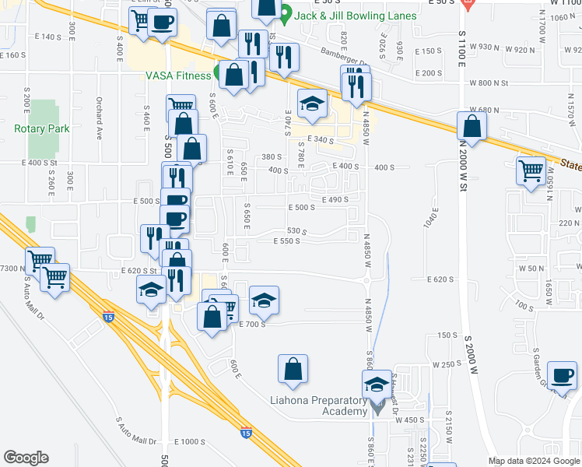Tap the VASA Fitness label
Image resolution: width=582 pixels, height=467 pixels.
click(x=177, y=75)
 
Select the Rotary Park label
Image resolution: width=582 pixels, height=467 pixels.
click(x=42, y=128)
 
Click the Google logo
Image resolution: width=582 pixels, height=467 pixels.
click(x=26, y=457)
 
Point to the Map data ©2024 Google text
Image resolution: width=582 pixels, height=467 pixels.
click(x=534, y=461)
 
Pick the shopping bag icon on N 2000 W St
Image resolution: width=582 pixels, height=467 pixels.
click(x=472, y=126)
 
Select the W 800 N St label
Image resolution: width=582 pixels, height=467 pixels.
click(x=489, y=83)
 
